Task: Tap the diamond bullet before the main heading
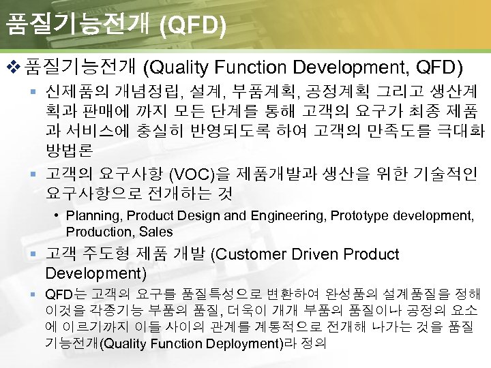(x=12, y=67)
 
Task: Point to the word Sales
(x=156, y=232)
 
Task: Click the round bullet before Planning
(x=58, y=216)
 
